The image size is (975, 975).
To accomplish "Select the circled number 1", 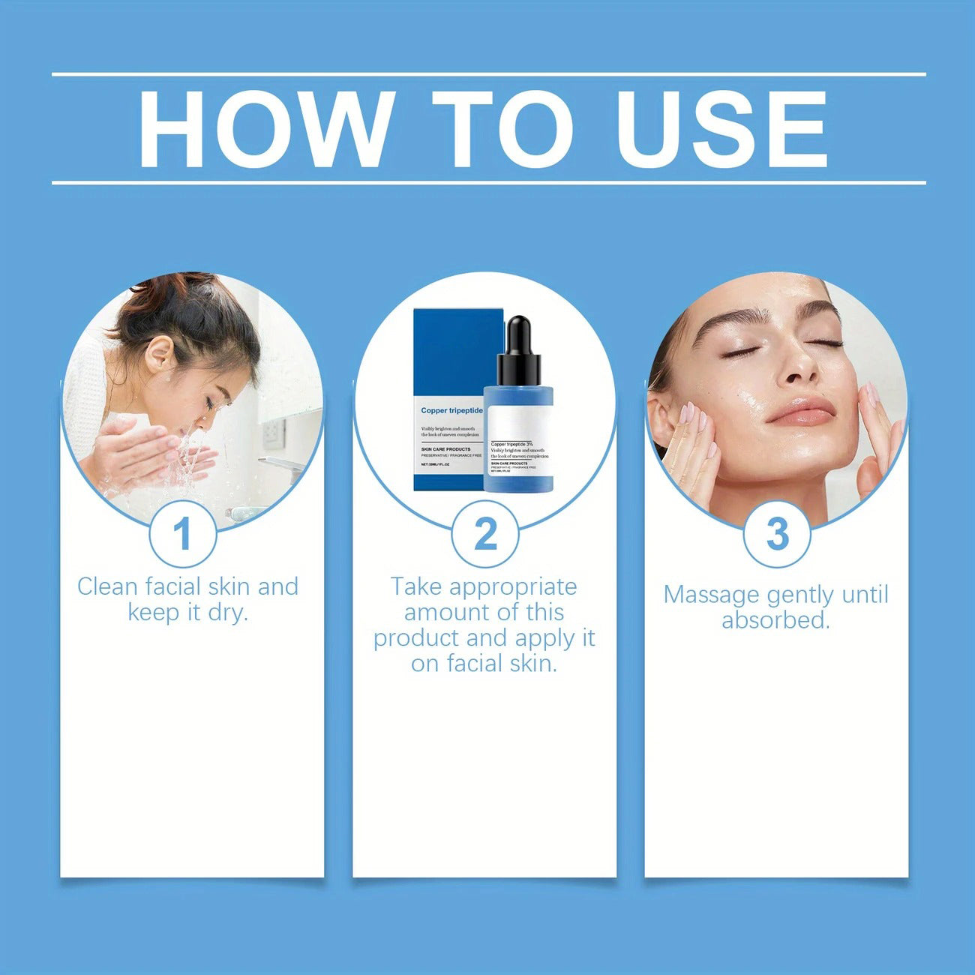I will click(x=182, y=534).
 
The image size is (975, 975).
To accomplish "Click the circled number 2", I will click(x=485, y=534).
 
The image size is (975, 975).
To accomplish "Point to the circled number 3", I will click(x=777, y=534).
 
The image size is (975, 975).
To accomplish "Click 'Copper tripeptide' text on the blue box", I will click(x=451, y=410).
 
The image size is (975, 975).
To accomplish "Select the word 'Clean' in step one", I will click(x=108, y=586).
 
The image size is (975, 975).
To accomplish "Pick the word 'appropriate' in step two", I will click(x=513, y=587).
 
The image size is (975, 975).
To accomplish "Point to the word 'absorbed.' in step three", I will click(x=775, y=620).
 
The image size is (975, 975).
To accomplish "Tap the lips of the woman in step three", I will click(x=801, y=412).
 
